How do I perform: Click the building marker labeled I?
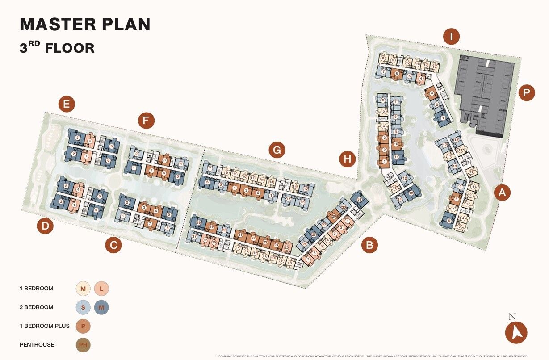[451, 37]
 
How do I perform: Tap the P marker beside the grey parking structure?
[527, 93]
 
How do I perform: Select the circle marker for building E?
[67, 105]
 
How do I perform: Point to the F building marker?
[146, 120]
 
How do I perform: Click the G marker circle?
[277, 150]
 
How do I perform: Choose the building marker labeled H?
[348, 159]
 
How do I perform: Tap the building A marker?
[502, 193]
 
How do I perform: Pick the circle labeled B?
[369, 245]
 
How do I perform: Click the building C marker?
[113, 245]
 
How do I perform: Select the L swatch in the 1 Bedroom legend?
[101, 289]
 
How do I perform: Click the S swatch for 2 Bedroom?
[83, 307]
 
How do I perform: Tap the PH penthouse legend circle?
[83, 345]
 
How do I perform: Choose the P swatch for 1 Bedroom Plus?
[83, 326]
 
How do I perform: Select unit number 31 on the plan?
[359, 199]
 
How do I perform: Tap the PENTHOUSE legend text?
[37, 345]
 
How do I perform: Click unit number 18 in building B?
[199, 222]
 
